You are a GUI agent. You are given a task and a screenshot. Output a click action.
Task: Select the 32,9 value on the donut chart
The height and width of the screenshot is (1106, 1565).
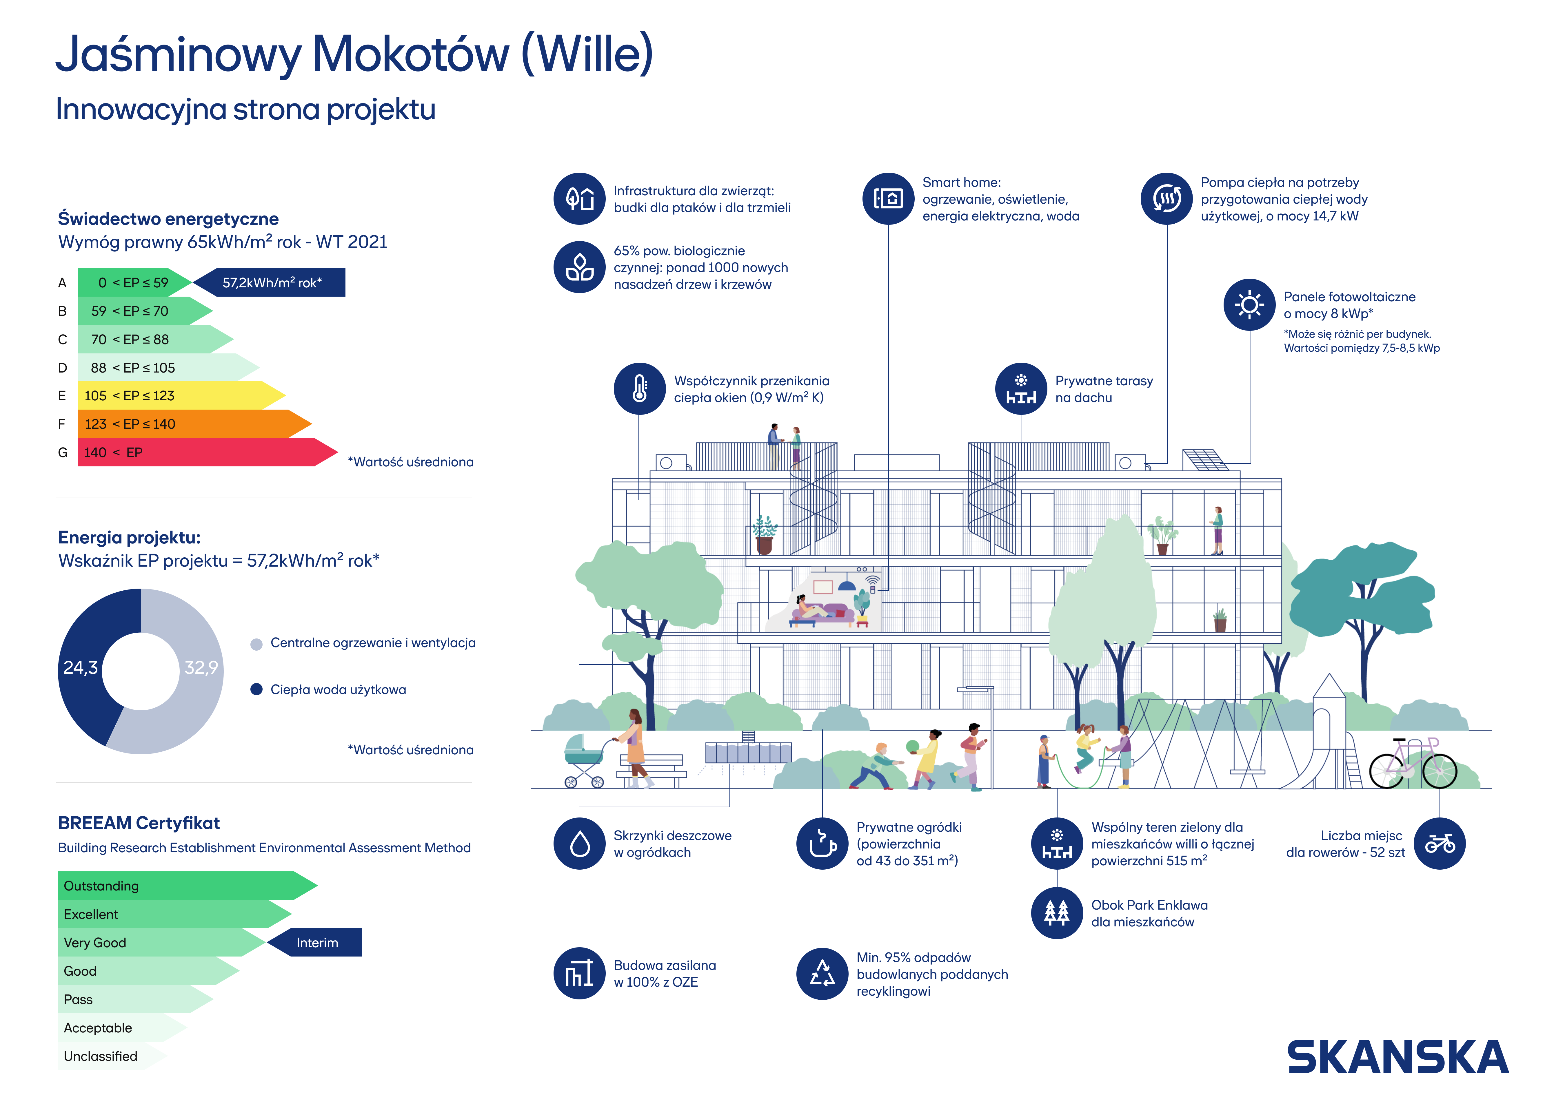[x=201, y=668]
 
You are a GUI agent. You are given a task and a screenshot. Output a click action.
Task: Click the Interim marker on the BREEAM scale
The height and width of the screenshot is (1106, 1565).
[x=315, y=942]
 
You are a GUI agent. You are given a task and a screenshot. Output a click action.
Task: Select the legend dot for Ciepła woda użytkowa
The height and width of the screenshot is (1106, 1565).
[x=256, y=690]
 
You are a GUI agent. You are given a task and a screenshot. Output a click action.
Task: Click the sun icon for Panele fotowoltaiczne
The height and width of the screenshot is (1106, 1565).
[x=1249, y=305]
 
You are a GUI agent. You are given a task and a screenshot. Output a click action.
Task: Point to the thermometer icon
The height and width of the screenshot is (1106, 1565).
[x=639, y=388]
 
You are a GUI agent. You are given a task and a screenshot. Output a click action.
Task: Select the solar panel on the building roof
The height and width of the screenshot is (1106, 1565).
[x=1205, y=460]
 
